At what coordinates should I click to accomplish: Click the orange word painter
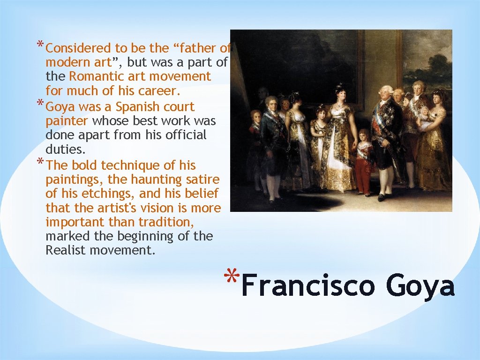click(x=67, y=121)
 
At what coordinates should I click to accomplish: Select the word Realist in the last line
click(x=66, y=250)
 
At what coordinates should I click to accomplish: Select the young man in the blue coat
click(x=271, y=141)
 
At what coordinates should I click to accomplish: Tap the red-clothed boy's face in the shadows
click(x=255, y=116)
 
